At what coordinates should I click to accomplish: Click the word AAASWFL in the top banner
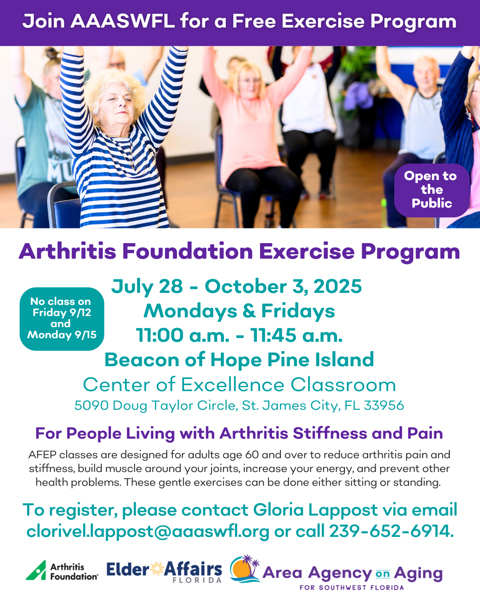(123, 21)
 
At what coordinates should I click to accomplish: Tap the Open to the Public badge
(432, 190)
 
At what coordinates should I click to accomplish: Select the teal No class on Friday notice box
(62, 319)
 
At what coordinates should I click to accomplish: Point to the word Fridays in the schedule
(298, 311)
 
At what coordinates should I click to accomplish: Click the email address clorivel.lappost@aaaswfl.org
(148, 532)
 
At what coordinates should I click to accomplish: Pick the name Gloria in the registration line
(278, 510)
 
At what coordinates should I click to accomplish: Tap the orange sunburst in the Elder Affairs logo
(157, 569)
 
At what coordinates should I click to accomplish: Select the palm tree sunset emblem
(245, 569)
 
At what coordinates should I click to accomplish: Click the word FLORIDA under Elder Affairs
(197, 580)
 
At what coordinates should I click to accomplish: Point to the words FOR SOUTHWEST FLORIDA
(352, 588)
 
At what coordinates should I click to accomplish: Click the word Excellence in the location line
(232, 385)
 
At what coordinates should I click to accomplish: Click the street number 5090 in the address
(91, 405)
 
